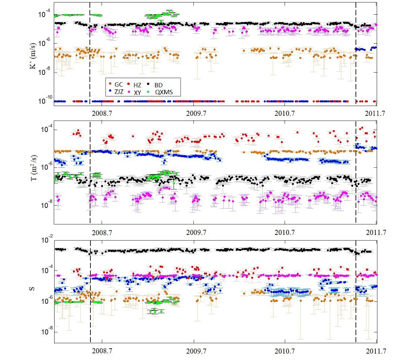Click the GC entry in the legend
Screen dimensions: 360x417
(x=118, y=84)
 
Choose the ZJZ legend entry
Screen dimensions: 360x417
(x=119, y=92)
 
